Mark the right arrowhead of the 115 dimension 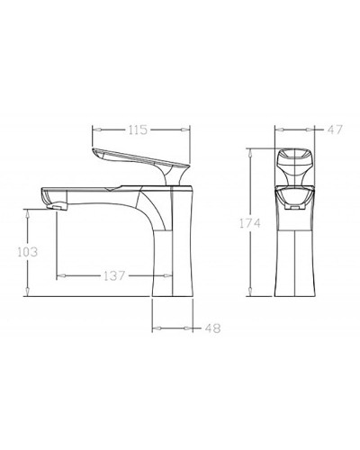193,130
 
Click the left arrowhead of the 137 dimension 58,274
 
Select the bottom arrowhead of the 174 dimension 250,293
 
